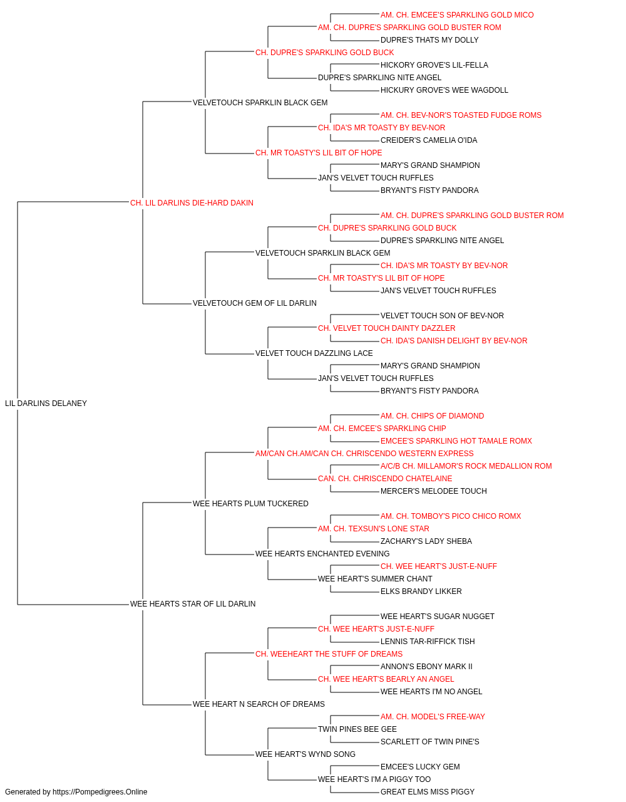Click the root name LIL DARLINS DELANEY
(x=46, y=404)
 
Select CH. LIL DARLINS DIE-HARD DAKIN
(x=192, y=203)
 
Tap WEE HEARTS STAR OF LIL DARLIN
(x=193, y=604)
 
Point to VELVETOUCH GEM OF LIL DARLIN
(x=255, y=303)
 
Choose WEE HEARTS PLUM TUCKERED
(x=250, y=504)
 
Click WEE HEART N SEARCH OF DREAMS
(x=259, y=704)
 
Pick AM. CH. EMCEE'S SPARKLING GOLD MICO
(x=457, y=15)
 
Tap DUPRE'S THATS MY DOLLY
(x=429, y=40)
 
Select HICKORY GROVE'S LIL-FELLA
(x=434, y=65)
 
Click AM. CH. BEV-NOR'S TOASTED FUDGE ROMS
(x=461, y=115)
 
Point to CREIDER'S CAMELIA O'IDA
(x=429, y=140)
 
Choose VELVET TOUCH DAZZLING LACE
(x=314, y=353)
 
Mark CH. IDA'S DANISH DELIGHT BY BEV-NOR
(x=454, y=341)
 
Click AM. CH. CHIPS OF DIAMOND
(x=432, y=416)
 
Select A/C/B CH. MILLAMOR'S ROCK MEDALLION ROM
(x=466, y=466)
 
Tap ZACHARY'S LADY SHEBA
(x=426, y=541)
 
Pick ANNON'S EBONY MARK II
(x=426, y=667)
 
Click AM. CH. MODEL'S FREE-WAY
(x=433, y=717)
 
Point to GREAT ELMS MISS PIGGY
(x=428, y=792)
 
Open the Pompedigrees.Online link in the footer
(x=100, y=792)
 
